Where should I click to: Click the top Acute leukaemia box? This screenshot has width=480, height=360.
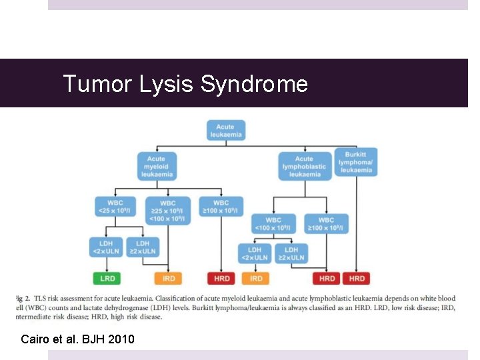[x=225, y=130]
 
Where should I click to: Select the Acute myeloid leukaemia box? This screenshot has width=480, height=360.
[x=157, y=167]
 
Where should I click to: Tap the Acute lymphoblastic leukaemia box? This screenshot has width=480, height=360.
[x=303, y=167]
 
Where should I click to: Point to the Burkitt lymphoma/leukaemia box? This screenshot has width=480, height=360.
[x=356, y=162]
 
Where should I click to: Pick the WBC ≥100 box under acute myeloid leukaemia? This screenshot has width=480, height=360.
[x=221, y=207]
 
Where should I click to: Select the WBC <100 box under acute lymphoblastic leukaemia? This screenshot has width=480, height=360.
[x=273, y=224]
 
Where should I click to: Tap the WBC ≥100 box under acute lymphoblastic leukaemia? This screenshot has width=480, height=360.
[x=326, y=224]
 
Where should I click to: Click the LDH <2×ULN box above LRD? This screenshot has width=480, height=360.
[x=106, y=247]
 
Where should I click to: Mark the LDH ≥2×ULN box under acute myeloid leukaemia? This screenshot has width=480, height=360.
[x=143, y=247]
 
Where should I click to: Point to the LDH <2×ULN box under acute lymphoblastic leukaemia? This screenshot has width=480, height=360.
[x=255, y=254]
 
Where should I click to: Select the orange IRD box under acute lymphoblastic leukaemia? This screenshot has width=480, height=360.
[x=255, y=278]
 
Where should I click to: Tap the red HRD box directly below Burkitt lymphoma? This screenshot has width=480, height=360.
[x=357, y=278]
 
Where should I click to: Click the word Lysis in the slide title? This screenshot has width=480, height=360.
[x=167, y=84]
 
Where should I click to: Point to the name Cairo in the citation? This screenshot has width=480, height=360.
[x=36, y=339]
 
